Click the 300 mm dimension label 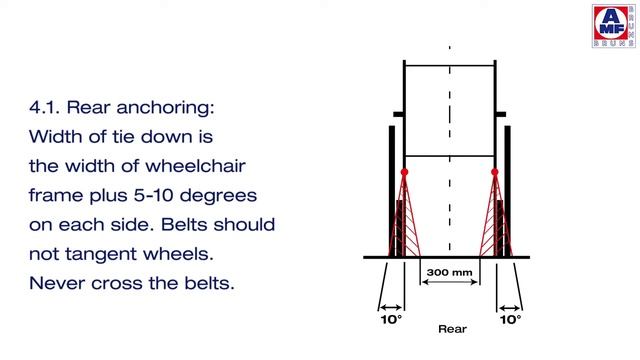[449, 270]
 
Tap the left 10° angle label [390, 320]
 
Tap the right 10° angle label [510, 320]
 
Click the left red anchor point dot [404, 173]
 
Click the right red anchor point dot [496, 173]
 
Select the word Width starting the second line [58, 135]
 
